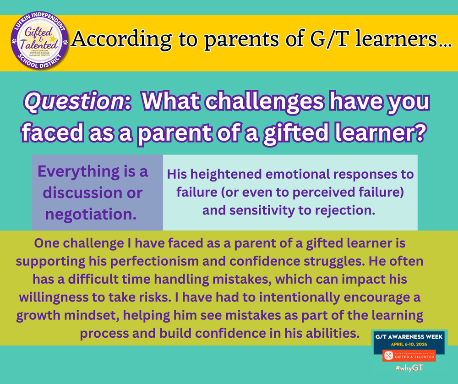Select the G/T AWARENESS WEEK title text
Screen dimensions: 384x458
click(x=409, y=335)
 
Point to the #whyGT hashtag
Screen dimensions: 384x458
click(x=409, y=368)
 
